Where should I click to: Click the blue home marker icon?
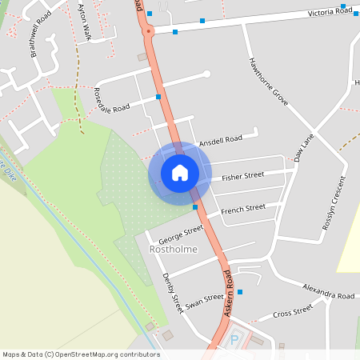click(180, 173)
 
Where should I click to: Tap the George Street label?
click(181, 234)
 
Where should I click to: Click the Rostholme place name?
click(174, 250)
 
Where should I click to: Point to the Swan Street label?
click(204, 302)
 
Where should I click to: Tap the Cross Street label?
click(292, 312)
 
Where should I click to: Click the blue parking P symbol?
click(234, 339)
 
